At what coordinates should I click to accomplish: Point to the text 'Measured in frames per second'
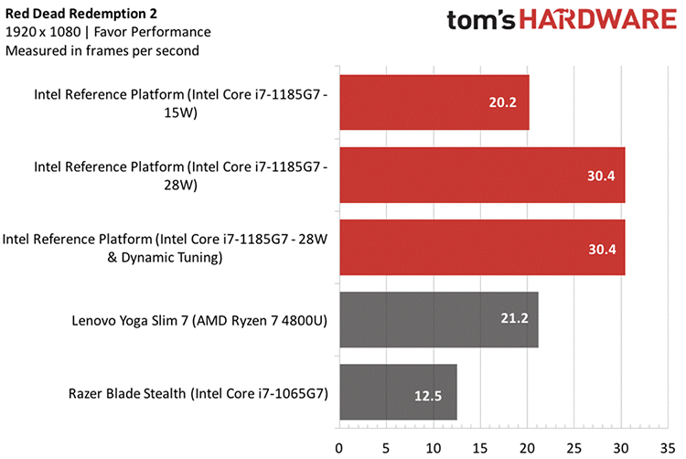(102, 51)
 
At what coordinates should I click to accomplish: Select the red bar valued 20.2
(434, 102)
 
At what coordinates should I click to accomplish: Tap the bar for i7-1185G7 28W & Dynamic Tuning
(481, 248)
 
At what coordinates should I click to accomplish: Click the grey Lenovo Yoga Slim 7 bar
(438, 320)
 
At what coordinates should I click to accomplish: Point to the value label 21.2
(511, 320)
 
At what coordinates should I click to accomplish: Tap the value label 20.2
(501, 102)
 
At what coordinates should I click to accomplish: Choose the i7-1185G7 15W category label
(181, 102)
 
